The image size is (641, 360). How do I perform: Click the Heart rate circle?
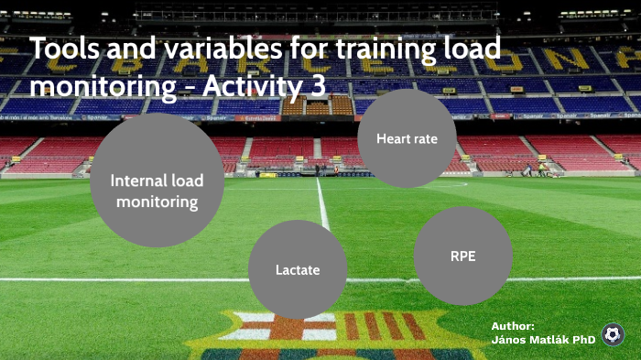[x=407, y=138]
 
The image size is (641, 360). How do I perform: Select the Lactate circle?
[x=298, y=269]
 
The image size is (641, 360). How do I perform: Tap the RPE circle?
[x=462, y=256]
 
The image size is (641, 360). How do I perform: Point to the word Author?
[x=513, y=326]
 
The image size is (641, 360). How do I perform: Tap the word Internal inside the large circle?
[x=138, y=180]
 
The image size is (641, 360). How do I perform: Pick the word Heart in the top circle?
[x=391, y=139]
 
